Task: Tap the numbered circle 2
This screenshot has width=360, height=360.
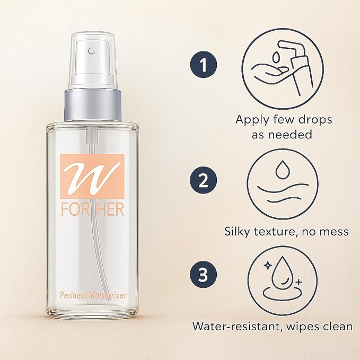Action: click(203, 181)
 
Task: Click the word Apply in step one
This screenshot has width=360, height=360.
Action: click(251, 120)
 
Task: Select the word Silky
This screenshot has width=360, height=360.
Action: click(239, 231)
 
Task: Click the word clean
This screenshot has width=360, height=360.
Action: click(337, 326)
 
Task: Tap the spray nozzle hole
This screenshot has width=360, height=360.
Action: click(92, 51)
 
